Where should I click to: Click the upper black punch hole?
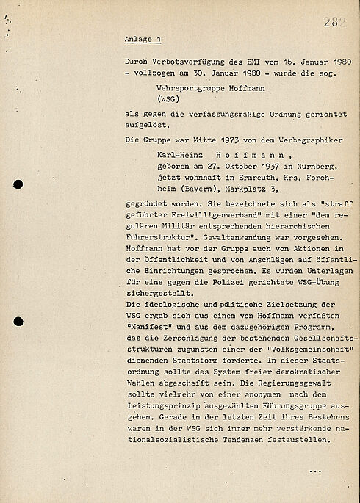point(19,186)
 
